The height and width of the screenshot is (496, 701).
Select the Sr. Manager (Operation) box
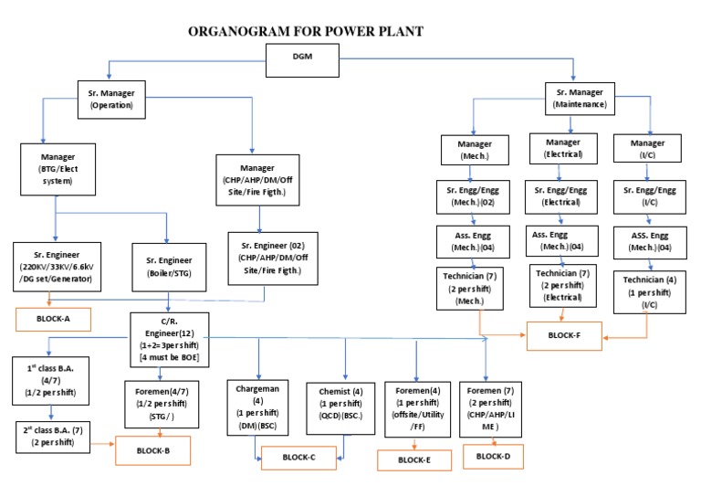click(x=111, y=99)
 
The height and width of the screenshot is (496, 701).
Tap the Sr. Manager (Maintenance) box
click(x=582, y=99)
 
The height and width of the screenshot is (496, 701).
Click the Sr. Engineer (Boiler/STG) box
click(x=167, y=265)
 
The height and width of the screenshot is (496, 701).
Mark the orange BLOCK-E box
click(x=413, y=459)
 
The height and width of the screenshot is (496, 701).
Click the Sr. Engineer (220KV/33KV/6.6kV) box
click(x=58, y=265)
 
